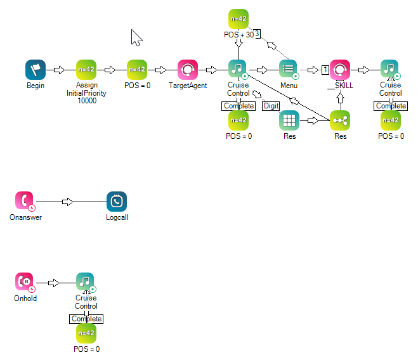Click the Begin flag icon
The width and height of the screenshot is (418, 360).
(x=36, y=70)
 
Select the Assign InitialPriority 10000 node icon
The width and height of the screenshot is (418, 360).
(x=86, y=70)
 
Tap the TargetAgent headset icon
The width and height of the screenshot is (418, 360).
(x=188, y=70)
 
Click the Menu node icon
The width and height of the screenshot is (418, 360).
(x=289, y=70)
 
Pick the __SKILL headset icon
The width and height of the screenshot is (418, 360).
(x=340, y=70)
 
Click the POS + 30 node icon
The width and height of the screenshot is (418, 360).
(x=238, y=19)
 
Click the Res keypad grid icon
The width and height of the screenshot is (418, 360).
(x=289, y=120)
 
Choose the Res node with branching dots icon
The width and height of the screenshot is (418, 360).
(x=340, y=120)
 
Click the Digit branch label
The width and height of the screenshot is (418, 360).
(x=271, y=106)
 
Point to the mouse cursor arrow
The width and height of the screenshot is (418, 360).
(x=136, y=37)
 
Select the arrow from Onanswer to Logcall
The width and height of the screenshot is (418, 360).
(x=68, y=202)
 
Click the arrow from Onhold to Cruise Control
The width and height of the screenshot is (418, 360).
(x=54, y=282)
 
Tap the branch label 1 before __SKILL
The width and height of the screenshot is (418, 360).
(x=324, y=70)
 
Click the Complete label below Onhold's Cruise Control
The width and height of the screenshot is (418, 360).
(x=86, y=319)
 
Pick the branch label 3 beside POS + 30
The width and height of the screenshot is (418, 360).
(x=258, y=34)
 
